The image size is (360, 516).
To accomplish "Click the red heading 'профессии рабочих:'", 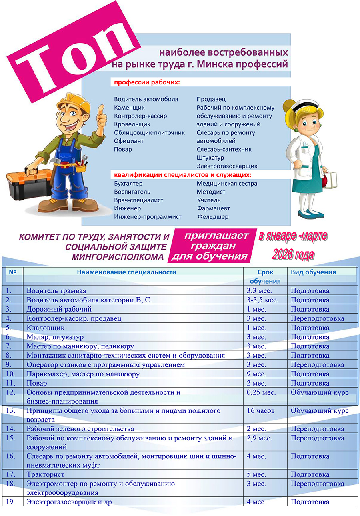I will (x=147, y=82).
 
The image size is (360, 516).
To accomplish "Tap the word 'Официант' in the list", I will (x=129, y=141).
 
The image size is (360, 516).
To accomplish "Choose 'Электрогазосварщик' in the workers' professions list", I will (x=227, y=166).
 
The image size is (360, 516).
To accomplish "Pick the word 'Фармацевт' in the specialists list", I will (x=213, y=208).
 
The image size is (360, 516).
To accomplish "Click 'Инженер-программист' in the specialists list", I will (x=148, y=217).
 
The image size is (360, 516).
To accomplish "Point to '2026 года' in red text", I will (x=293, y=255).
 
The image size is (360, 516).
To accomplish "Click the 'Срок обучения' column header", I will (x=266, y=276).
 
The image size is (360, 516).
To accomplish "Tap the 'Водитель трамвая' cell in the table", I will (x=56, y=291).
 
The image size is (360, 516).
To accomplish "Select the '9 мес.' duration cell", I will (x=256, y=374).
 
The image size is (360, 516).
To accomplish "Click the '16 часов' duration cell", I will (x=260, y=411).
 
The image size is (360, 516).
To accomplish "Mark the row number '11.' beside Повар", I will (x=11, y=383).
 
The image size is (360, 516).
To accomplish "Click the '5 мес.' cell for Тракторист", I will (x=256, y=474).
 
